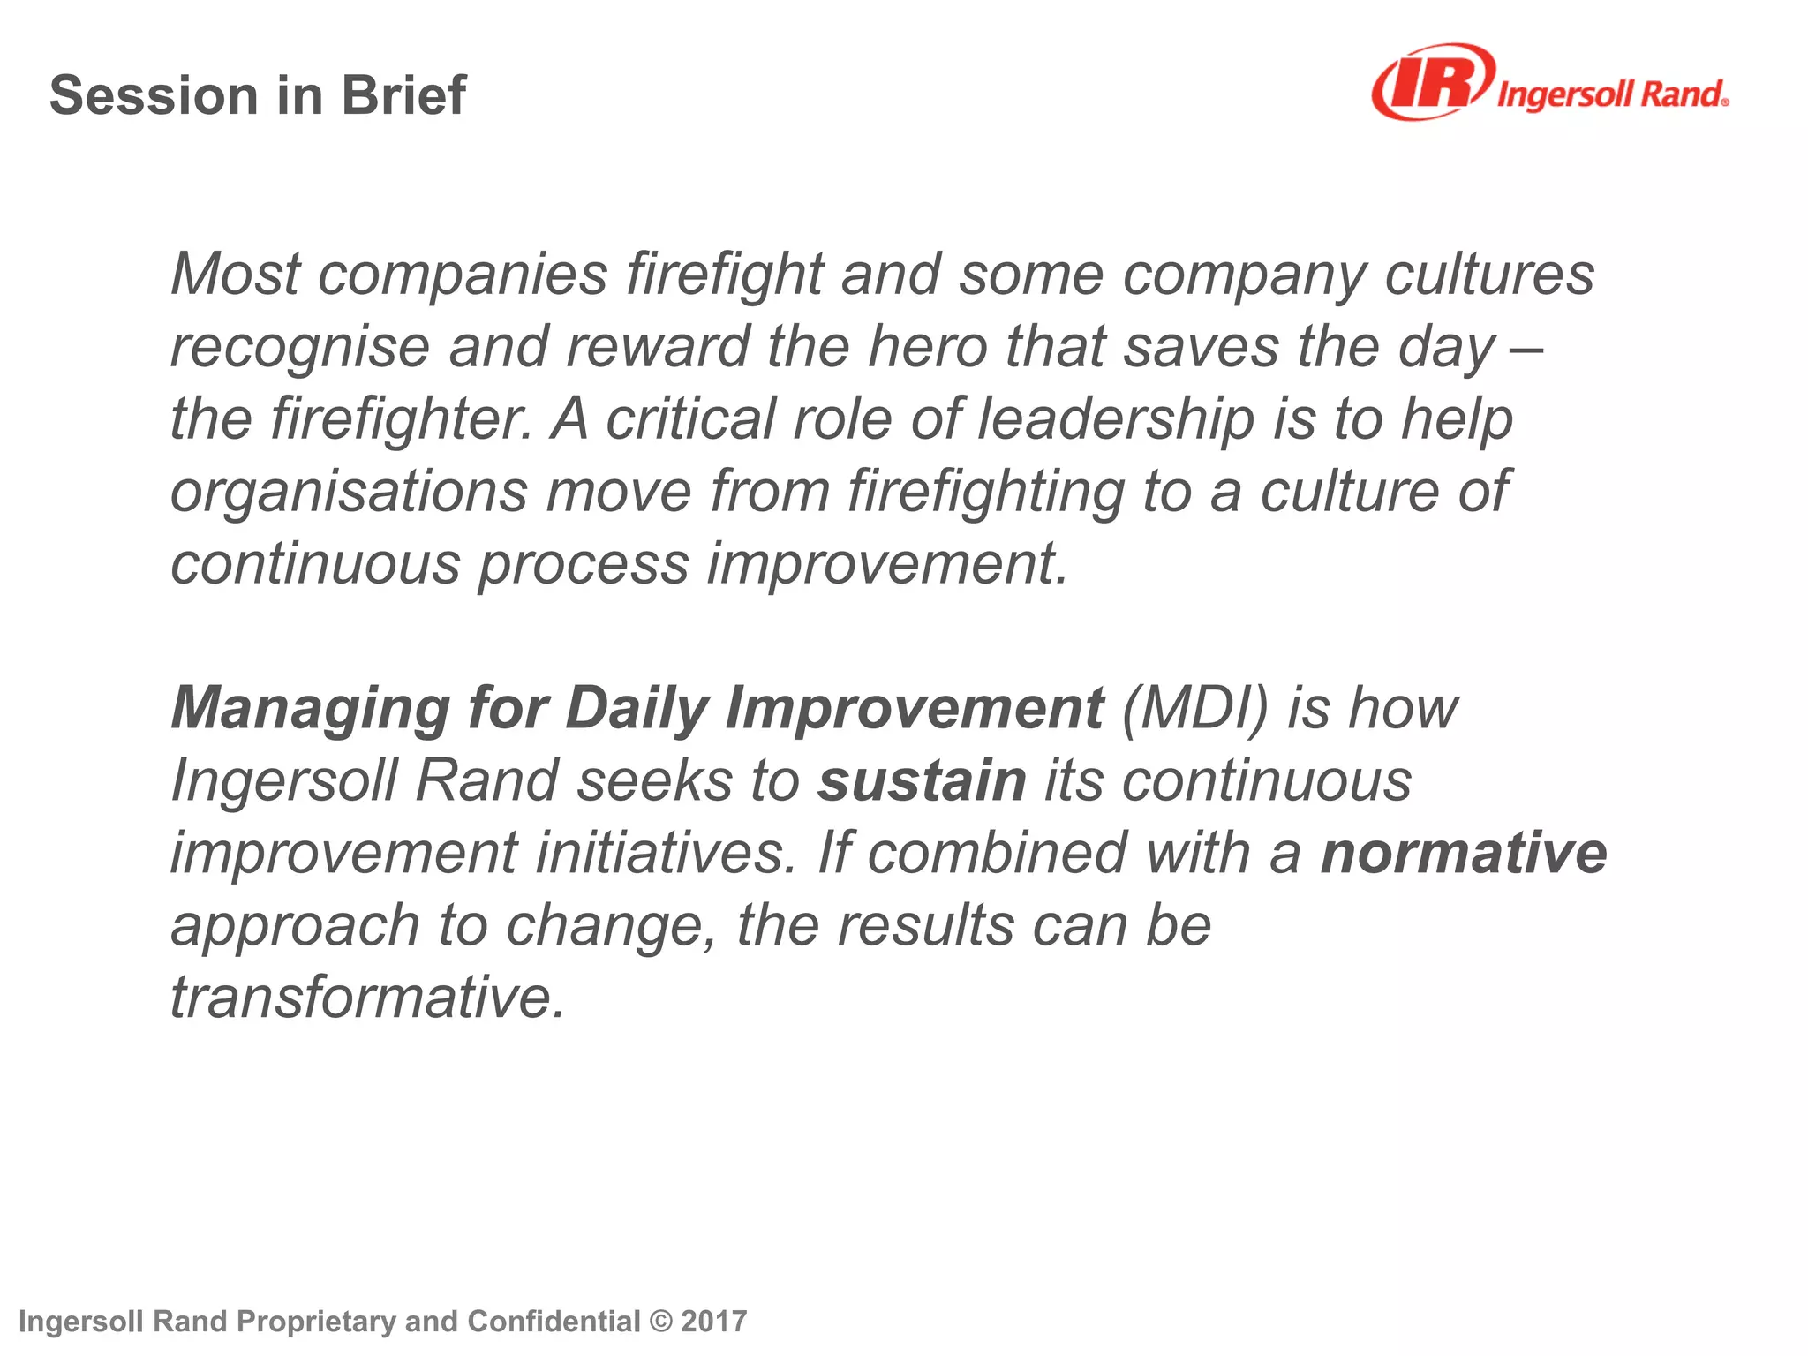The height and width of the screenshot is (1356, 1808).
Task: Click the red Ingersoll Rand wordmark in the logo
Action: (x=1612, y=94)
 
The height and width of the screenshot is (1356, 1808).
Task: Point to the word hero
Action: (x=927, y=346)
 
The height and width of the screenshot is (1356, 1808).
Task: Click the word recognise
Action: (x=300, y=348)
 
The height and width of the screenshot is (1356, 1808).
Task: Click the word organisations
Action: (x=349, y=492)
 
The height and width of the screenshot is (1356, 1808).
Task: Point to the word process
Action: (x=584, y=564)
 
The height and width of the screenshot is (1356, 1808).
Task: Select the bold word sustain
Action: (x=922, y=780)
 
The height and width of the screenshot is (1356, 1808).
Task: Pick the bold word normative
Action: (x=1464, y=853)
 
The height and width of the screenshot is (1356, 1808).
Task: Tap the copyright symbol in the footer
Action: (x=659, y=1322)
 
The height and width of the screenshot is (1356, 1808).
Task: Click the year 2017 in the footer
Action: (x=714, y=1322)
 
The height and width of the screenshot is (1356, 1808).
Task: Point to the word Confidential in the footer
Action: (x=554, y=1322)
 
